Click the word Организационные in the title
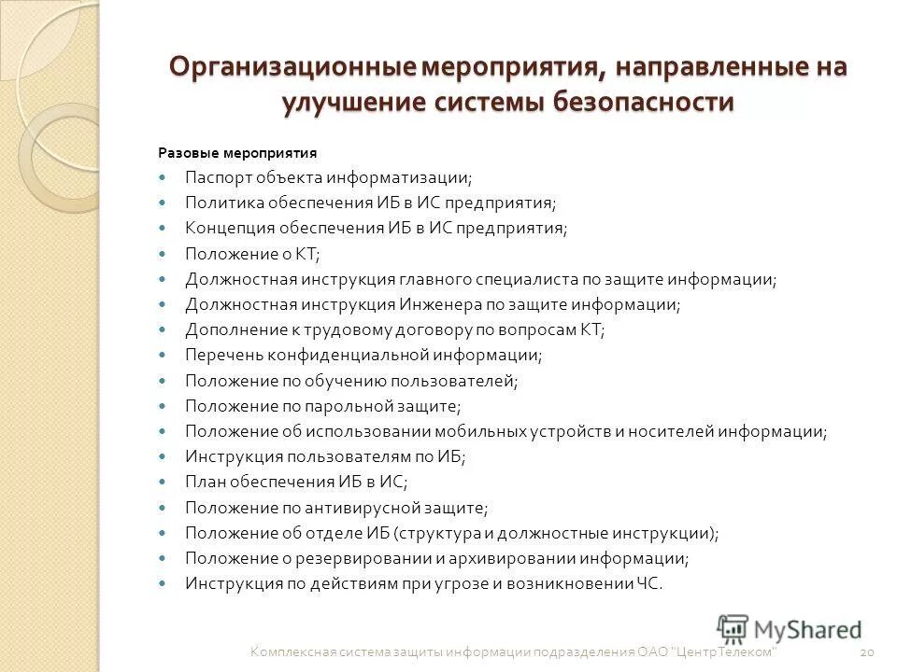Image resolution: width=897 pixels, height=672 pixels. click(292, 68)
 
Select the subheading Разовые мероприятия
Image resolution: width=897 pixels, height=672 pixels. click(237, 152)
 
